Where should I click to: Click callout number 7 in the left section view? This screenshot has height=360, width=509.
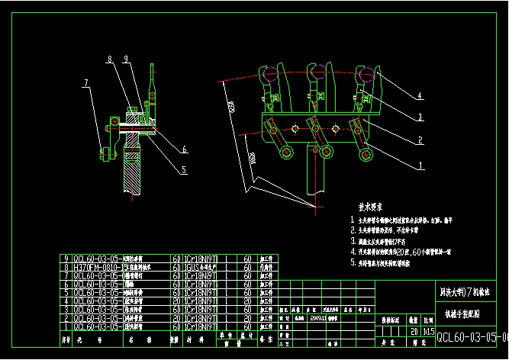click(x=86, y=83)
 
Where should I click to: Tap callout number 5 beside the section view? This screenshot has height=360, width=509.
click(x=184, y=170)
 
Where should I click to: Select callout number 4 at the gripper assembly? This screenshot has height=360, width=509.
click(x=419, y=96)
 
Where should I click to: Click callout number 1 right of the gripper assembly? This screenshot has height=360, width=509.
click(x=419, y=165)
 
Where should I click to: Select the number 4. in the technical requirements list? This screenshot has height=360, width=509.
click(x=352, y=249)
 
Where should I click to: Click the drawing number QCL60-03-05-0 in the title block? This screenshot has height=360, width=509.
click(x=471, y=336)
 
